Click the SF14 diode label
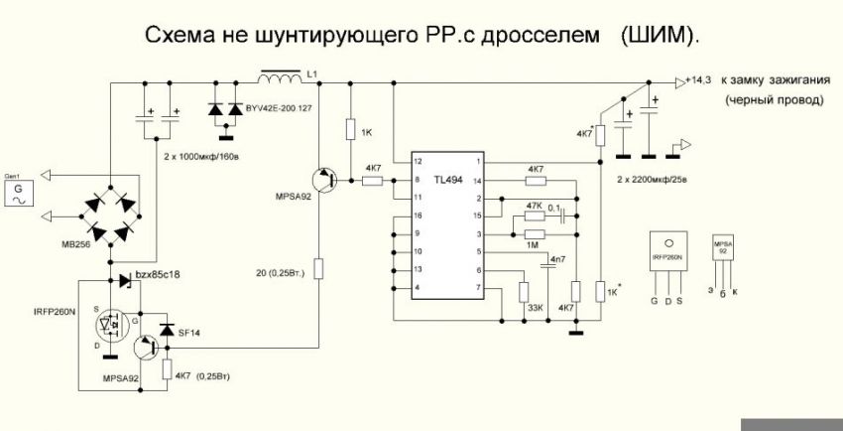coord(188,332)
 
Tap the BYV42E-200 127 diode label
coord(272,106)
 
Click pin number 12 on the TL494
coord(418,161)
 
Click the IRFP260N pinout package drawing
coord(666,254)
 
